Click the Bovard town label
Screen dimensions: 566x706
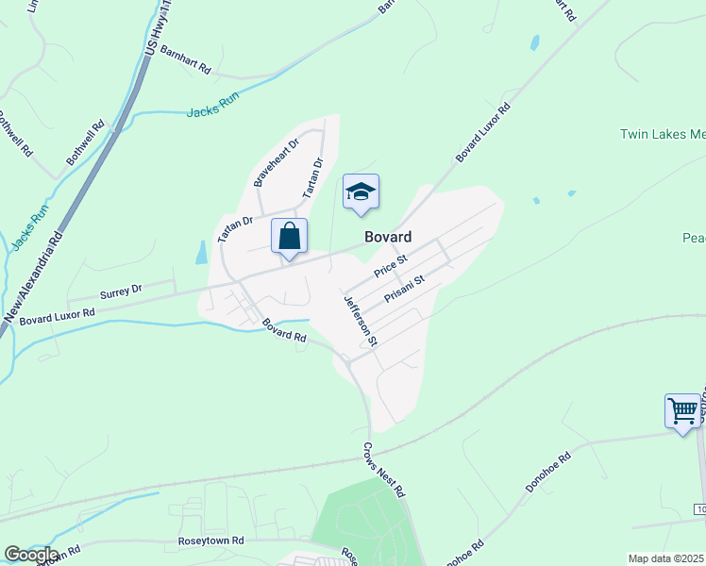[388, 236]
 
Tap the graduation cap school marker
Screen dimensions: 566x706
[361, 193]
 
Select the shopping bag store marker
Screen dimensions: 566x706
[290, 236]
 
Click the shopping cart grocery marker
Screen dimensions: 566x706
[682, 411]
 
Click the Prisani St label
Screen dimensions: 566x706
[406, 290]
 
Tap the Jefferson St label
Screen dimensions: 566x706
[361, 320]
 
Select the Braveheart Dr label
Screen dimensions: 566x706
[276, 161]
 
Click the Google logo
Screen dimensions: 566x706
[31, 555]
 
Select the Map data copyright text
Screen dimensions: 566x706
[666, 558]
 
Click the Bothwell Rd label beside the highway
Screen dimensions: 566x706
[85, 143]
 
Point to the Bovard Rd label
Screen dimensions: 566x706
[284, 329]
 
